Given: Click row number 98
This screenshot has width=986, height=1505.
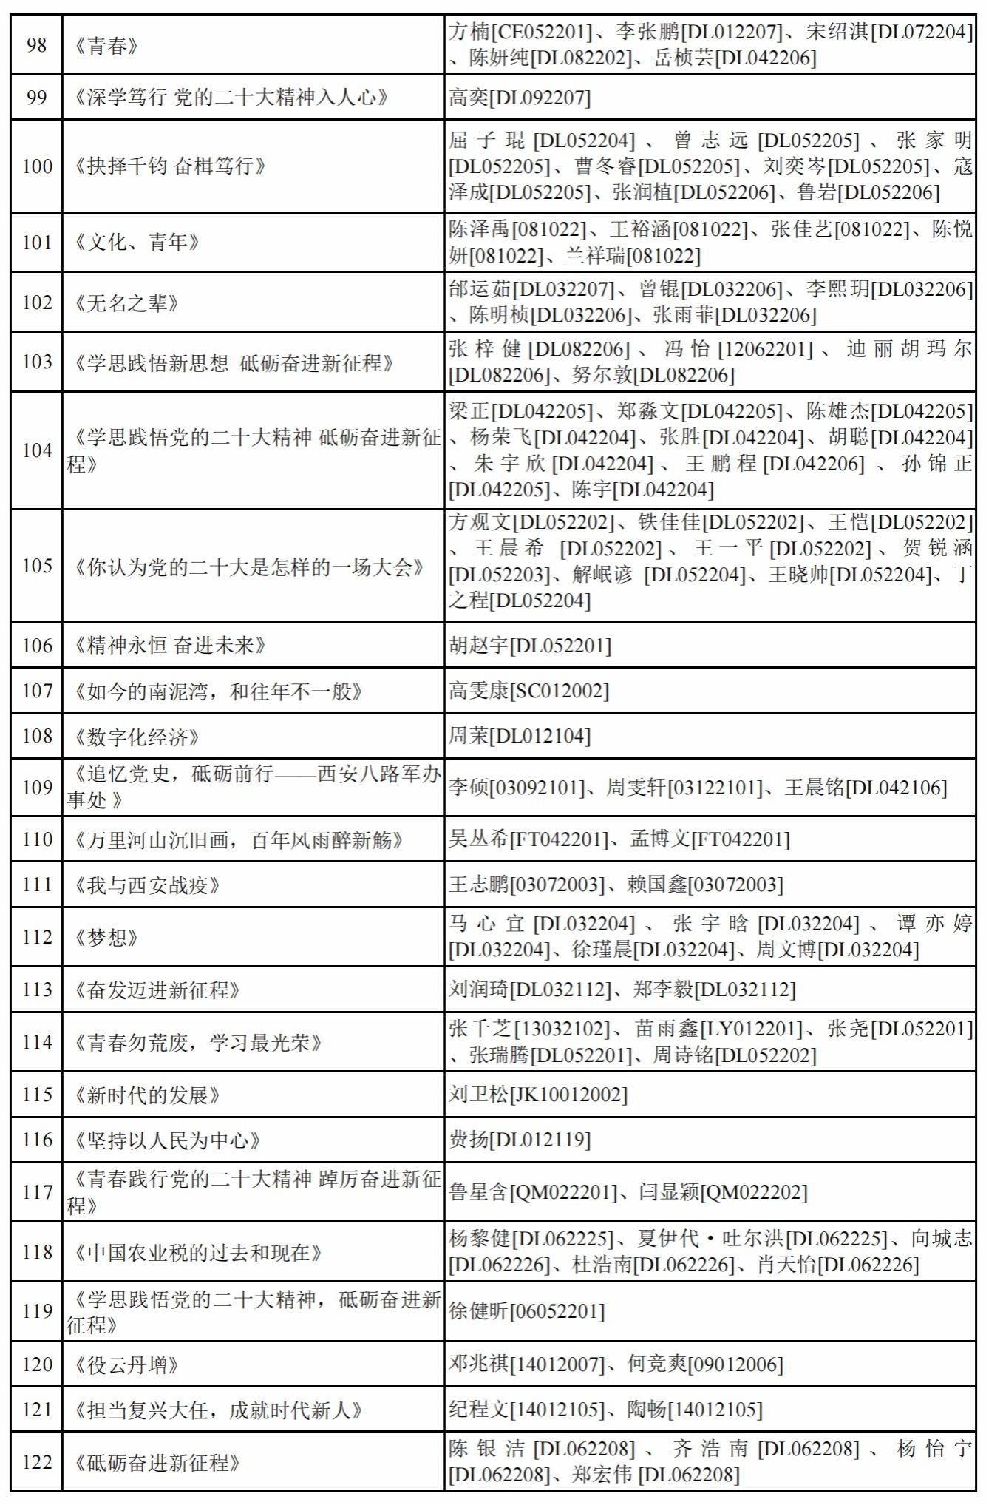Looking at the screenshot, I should point(36,45).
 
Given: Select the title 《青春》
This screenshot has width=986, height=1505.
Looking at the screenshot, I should point(107,47).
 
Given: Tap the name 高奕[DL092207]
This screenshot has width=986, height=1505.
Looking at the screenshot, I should point(520,98).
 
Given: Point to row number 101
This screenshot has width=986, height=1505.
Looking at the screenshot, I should point(36,243).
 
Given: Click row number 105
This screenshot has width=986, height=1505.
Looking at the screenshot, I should point(36,566).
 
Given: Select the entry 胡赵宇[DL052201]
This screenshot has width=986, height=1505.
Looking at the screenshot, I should point(530,646).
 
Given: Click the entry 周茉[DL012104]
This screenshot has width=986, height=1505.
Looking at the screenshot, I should point(520,736).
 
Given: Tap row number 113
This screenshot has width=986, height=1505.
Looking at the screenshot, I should point(36,990).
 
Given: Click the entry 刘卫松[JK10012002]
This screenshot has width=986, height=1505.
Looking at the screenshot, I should point(538,1095).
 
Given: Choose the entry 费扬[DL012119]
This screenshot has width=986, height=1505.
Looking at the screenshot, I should point(520,1140).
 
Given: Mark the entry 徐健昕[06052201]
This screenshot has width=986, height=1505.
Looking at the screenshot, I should point(527,1311).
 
